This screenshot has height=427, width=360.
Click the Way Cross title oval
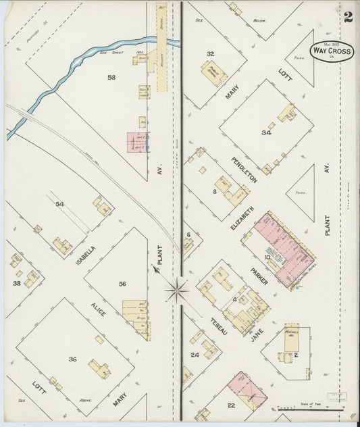click(330, 51)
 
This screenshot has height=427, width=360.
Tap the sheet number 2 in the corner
click(347, 18)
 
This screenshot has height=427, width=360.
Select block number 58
click(111, 78)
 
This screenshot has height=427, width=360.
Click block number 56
click(122, 284)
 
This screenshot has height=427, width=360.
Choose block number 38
click(16, 284)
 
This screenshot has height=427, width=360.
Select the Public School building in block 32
click(213, 76)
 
